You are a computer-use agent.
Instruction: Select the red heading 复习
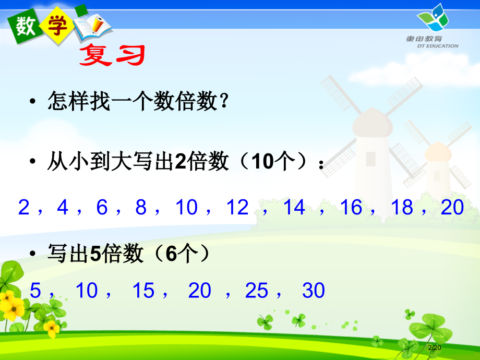pos(111,55)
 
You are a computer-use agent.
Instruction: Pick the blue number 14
pos(294,208)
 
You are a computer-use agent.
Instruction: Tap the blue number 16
pos(351,208)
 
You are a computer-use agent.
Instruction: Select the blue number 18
pos(402,208)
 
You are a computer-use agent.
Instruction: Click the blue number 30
pos(314,291)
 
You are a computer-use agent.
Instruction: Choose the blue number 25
pos(257,291)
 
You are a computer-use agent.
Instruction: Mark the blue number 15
pos(144,291)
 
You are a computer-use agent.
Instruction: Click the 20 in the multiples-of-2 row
pos(452,208)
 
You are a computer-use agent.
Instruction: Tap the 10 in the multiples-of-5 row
pos(87,291)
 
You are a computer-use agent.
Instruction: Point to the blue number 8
pos(141,208)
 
